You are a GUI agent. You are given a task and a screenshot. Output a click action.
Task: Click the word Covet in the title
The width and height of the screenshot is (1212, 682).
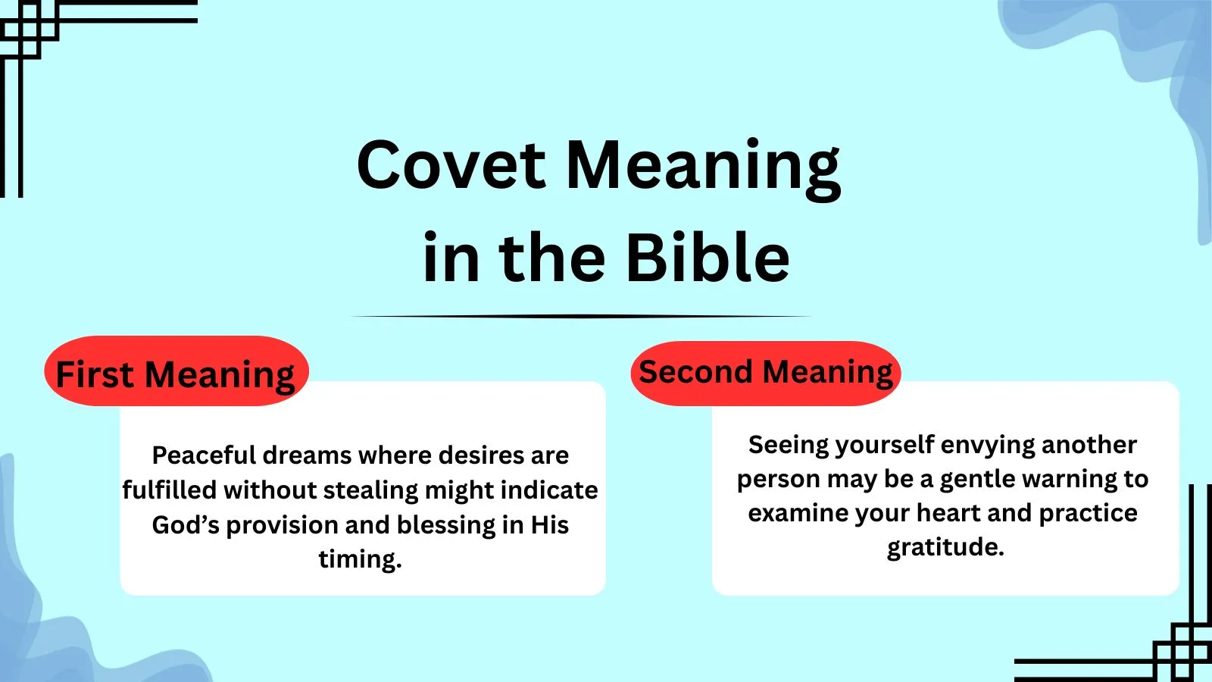pyautogui.click(x=451, y=165)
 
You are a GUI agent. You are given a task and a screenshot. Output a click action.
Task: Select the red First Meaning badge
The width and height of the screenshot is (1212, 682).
pyautogui.click(x=176, y=372)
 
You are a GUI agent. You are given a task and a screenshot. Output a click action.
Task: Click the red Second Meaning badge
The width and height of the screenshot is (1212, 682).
pyautogui.click(x=765, y=372)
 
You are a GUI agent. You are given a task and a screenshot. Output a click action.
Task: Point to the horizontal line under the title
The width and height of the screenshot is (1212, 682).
pyautogui.click(x=582, y=317)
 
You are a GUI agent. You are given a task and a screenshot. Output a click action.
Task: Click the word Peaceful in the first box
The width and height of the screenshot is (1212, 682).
pyautogui.click(x=204, y=455)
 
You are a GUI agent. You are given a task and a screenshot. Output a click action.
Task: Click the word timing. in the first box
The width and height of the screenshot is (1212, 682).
pyautogui.click(x=360, y=559)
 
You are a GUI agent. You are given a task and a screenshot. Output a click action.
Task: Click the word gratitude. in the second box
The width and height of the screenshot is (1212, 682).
pyautogui.click(x=945, y=547)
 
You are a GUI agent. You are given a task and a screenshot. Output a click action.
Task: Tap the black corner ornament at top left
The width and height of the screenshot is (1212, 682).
pyautogui.click(x=30, y=30)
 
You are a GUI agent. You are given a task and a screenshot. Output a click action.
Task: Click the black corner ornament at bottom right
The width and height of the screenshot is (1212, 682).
pyautogui.click(x=1182, y=652)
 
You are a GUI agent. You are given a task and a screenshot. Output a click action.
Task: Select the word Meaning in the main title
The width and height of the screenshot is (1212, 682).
pyautogui.click(x=703, y=167)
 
